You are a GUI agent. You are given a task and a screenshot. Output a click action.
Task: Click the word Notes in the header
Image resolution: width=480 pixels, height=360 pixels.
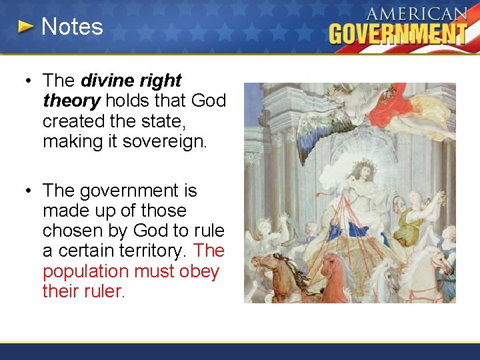[x=72, y=27]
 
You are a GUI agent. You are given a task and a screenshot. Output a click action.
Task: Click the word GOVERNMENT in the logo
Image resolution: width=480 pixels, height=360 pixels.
[x=398, y=33]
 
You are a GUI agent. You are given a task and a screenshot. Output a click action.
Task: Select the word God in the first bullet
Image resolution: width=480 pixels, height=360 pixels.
[x=208, y=101]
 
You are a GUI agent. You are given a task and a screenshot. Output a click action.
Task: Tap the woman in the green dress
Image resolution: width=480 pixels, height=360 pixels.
[x=419, y=220]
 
